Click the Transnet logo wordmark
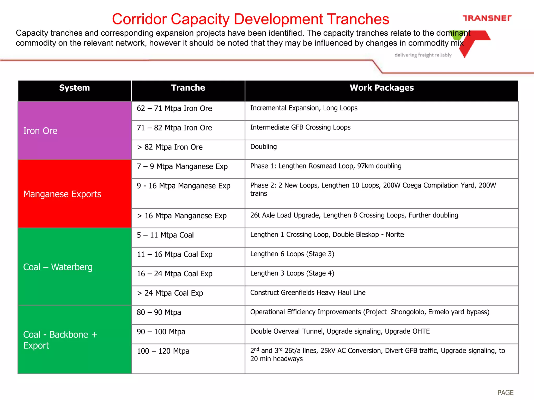click(487, 18)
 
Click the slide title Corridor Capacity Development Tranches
click(250, 19)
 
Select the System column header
click(75, 88)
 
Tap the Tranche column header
click(188, 88)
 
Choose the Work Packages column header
click(381, 88)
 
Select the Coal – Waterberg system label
click(58, 267)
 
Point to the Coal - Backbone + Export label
click(60, 340)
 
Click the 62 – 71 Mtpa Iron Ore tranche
click(174, 109)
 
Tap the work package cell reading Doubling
click(263, 147)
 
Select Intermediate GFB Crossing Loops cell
click(300, 128)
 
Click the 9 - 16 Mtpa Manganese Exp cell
click(184, 186)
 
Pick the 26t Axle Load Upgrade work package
click(354, 215)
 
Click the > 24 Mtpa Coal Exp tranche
click(170, 293)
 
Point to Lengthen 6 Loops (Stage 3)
click(292, 254)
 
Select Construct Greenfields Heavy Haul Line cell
click(308, 293)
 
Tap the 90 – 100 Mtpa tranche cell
click(161, 332)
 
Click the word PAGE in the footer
click(505, 392)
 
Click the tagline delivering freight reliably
click(423, 55)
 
